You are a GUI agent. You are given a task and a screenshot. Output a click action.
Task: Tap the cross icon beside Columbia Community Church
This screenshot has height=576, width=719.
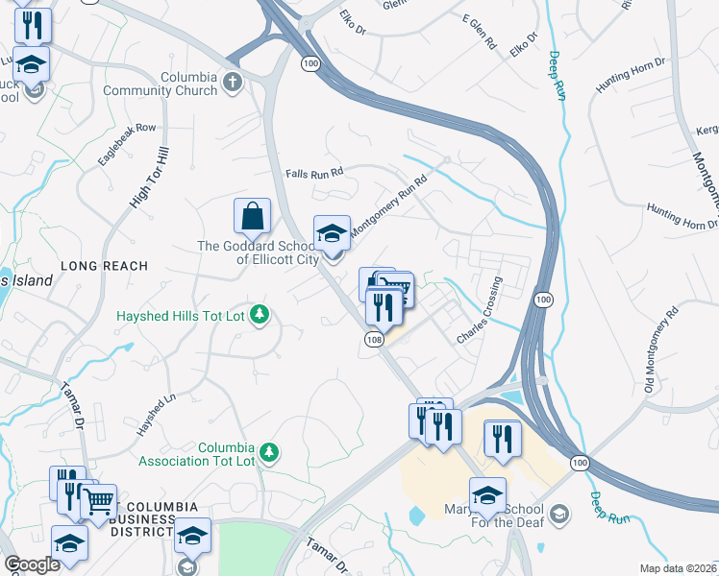click(x=232, y=84)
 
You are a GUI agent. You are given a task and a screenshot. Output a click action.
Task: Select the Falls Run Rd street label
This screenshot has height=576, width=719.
click(x=314, y=174)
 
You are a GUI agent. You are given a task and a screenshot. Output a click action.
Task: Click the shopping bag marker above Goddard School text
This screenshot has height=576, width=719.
click(x=252, y=216)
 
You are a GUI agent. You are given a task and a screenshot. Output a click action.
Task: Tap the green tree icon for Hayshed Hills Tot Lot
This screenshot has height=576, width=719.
click(x=259, y=315)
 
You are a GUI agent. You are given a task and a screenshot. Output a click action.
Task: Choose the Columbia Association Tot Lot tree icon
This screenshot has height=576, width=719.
click(x=270, y=451)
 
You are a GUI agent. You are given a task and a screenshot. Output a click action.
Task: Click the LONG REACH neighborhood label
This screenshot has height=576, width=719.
click(x=104, y=266)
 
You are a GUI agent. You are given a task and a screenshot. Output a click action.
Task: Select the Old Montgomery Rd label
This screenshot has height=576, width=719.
click(x=662, y=349)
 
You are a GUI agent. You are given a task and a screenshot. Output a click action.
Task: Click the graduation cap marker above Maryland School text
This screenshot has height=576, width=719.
click(x=487, y=493)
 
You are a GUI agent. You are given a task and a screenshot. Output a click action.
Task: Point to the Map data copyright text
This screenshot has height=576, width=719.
click(x=677, y=568)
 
